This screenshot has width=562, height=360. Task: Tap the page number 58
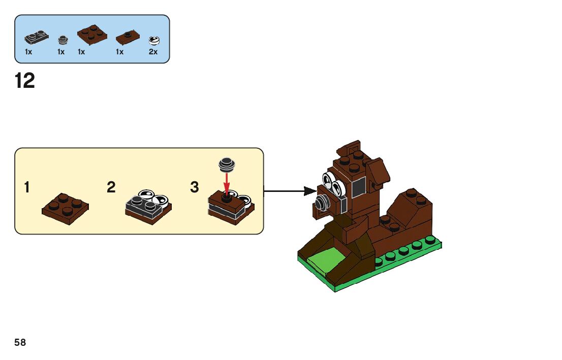tap(20, 343)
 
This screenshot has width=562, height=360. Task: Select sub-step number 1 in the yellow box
tap(27, 188)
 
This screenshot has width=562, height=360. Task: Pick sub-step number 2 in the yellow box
tap(111, 188)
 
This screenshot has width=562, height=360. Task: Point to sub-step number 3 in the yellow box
tap(195, 188)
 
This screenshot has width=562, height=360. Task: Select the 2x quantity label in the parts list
tap(153, 52)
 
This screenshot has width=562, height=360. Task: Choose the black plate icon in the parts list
tap(37, 37)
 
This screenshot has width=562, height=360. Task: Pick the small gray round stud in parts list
tap(63, 40)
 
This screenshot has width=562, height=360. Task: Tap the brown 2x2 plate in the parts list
tap(92, 34)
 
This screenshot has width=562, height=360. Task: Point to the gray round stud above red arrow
tap(227, 163)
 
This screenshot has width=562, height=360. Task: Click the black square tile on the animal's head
tap(358, 188)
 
